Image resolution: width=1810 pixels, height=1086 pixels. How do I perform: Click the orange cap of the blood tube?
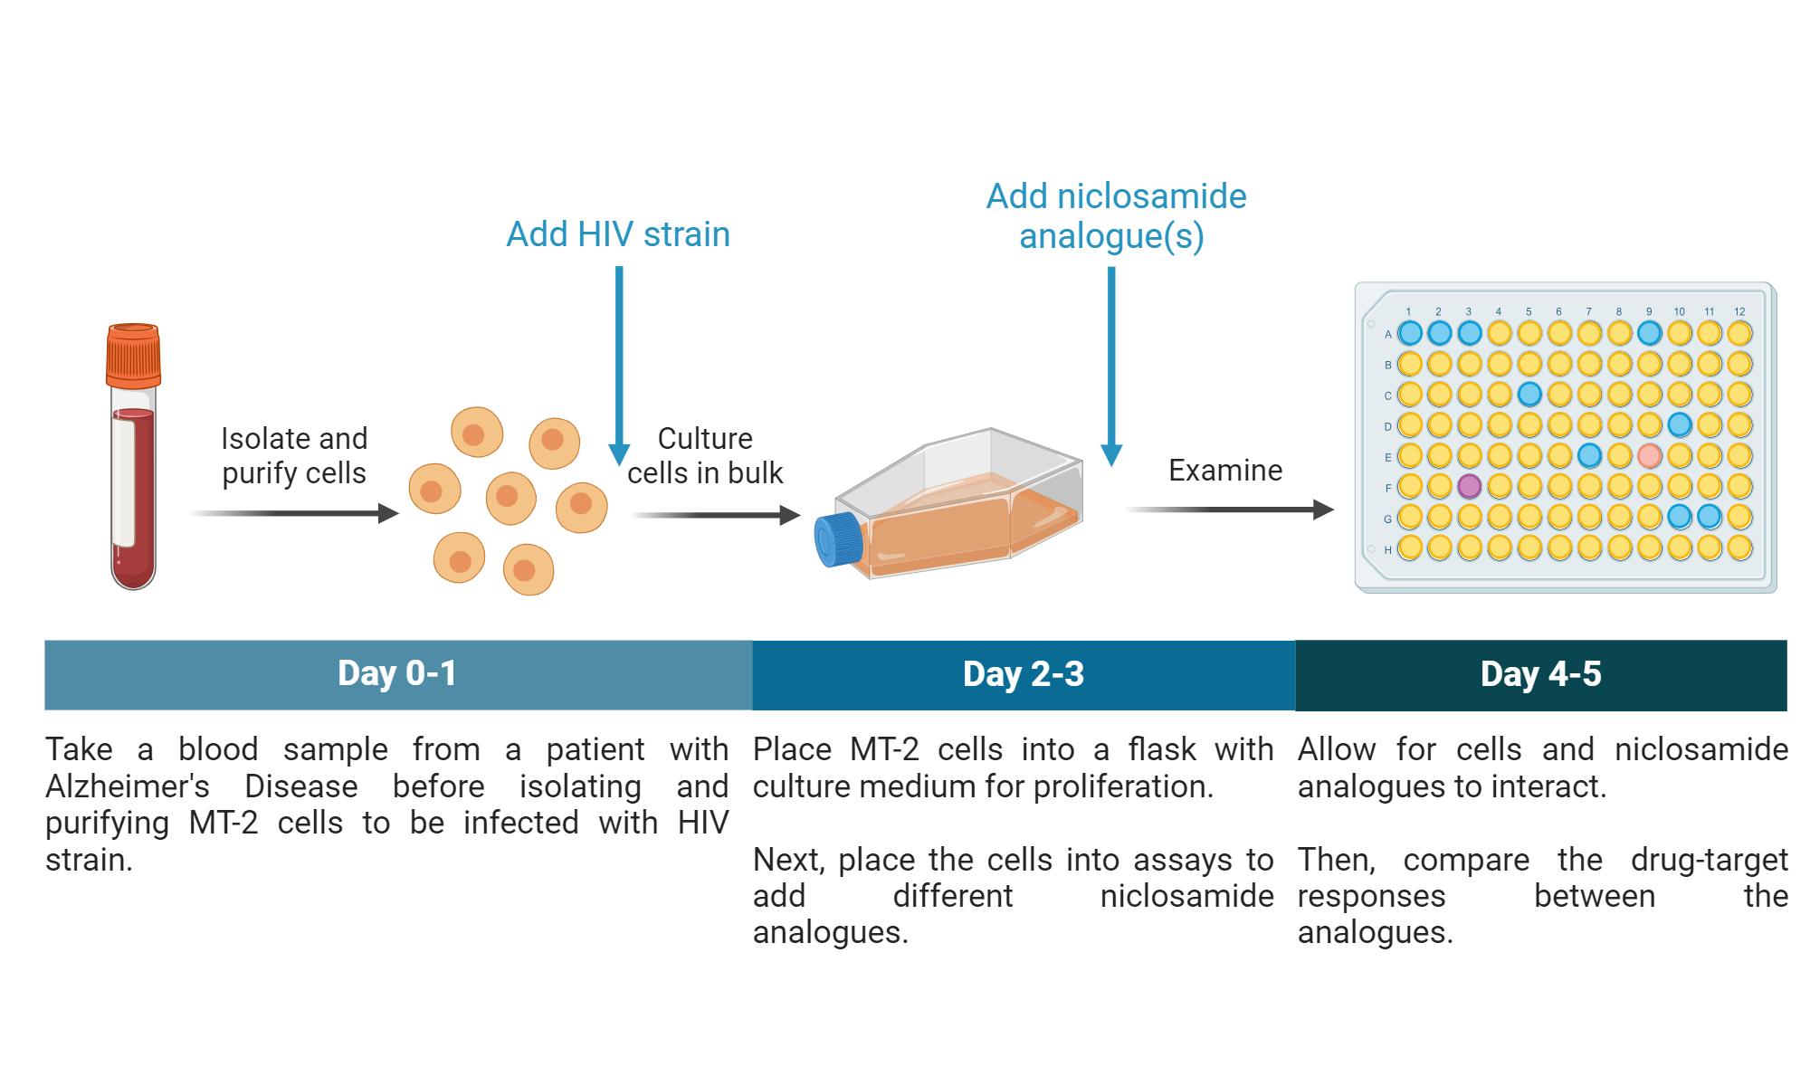(x=133, y=357)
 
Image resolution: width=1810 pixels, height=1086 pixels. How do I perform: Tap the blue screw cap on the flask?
(x=838, y=539)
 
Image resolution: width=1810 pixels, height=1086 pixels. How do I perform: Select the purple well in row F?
(x=1470, y=486)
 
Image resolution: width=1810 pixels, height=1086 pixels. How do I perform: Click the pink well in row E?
(x=1650, y=455)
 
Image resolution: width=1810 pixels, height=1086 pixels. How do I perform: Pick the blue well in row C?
(x=1529, y=394)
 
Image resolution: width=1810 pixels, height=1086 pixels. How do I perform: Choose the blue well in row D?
(x=1680, y=424)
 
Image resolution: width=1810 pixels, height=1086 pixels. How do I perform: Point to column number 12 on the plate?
(x=1739, y=311)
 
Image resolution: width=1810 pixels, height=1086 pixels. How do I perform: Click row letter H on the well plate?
(x=1387, y=549)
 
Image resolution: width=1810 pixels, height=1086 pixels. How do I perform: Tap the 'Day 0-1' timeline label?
(x=397, y=674)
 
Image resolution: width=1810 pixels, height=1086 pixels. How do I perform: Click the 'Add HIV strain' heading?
(x=618, y=234)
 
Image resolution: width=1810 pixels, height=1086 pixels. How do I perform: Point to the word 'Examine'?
(x=1225, y=471)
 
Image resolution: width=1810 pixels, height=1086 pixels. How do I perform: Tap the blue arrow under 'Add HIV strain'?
(x=619, y=362)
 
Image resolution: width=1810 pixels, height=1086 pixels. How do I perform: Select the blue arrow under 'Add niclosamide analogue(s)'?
(x=1111, y=362)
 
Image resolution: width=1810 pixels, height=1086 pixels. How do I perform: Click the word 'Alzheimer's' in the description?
(x=128, y=786)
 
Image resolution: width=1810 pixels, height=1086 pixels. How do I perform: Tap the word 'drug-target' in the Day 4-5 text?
(x=1709, y=860)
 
